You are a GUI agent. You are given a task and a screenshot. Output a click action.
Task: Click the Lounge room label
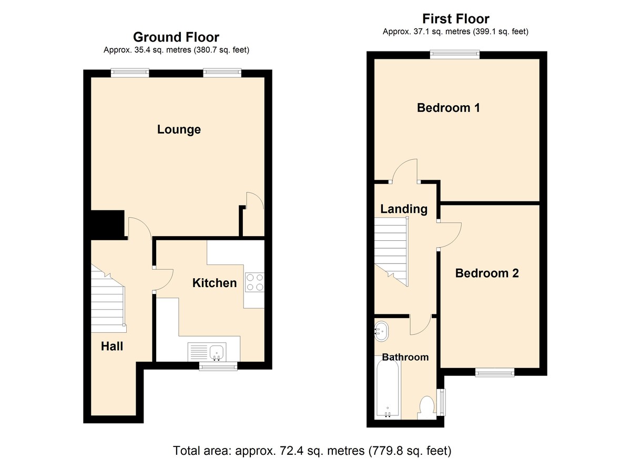point(179,130)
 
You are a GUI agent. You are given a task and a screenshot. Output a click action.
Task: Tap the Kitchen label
point(215,283)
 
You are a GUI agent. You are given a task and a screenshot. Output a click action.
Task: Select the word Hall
point(112,346)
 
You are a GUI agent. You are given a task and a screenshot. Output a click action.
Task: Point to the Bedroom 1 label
point(448,108)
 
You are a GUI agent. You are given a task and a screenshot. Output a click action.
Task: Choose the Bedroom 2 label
point(487,273)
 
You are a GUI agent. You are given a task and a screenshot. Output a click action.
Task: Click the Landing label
point(404,209)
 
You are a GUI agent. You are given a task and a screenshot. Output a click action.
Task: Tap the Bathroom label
point(405,358)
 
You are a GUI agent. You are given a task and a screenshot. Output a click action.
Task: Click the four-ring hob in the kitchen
point(255,282)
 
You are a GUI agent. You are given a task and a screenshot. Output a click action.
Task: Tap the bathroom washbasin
point(381,331)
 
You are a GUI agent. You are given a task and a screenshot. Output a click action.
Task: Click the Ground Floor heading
point(176,37)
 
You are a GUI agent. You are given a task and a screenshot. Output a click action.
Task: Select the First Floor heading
point(456,19)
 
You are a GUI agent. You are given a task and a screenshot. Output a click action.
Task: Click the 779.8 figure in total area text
point(387,451)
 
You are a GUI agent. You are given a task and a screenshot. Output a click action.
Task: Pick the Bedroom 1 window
point(455,54)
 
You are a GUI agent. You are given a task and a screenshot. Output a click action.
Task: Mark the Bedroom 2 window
point(495,372)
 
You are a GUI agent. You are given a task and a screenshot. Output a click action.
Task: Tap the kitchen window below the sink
point(218,366)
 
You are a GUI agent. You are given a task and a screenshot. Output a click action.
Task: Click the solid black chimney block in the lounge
point(108,225)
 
